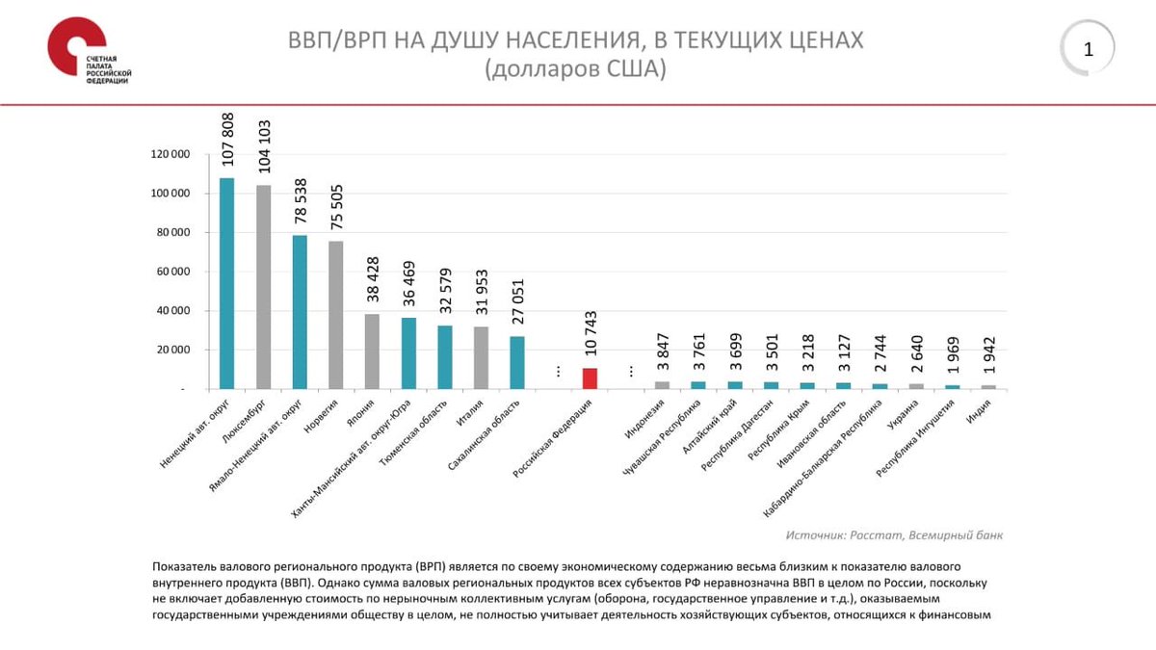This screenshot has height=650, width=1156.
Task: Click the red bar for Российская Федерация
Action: point(591,377)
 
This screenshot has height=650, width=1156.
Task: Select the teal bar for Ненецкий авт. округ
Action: point(227,283)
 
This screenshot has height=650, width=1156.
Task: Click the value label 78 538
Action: point(301,201)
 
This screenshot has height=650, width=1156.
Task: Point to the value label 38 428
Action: point(373,279)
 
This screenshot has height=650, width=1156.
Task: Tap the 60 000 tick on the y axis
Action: point(172,272)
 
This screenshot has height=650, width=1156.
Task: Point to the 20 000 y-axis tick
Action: point(172,351)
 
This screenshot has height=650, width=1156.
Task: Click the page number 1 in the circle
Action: point(1089,49)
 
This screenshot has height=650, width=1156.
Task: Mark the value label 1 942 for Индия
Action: point(988,358)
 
